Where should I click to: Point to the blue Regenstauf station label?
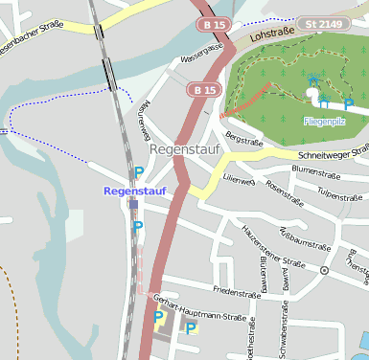134,191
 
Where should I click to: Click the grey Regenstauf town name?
185,150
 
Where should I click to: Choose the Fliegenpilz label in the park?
323,123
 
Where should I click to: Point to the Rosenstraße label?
285,192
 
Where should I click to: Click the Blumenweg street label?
262,273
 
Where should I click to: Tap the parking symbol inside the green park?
348,102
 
